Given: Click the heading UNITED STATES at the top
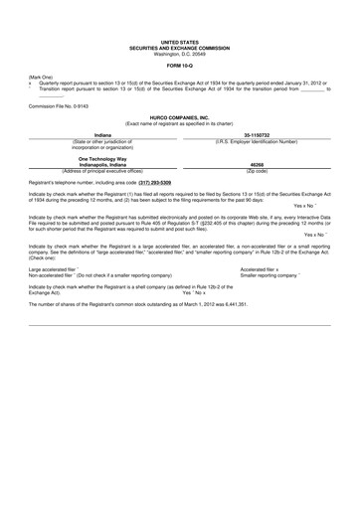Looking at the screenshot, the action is (179, 42).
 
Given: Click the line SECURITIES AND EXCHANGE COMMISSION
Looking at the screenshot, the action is (179, 47).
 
